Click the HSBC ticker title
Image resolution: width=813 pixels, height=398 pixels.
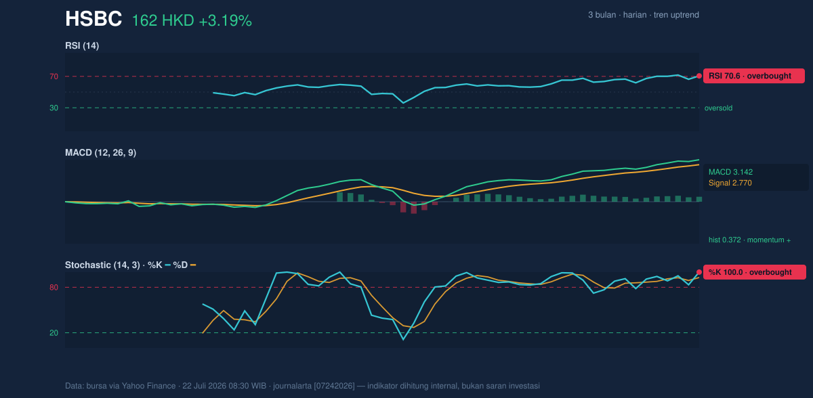tap(93, 19)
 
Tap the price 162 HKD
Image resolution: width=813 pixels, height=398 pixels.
tap(163, 21)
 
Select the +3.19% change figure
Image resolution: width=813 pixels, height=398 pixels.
tap(226, 21)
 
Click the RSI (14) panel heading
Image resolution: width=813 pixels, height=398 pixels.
tap(82, 45)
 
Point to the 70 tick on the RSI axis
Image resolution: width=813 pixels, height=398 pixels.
tap(54, 76)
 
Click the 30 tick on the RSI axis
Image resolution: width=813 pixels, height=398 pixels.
tap(54, 108)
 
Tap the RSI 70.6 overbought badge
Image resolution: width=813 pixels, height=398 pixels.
tap(754, 76)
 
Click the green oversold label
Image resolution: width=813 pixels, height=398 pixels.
tap(718, 108)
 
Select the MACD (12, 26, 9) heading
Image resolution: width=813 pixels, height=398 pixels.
tap(100, 152)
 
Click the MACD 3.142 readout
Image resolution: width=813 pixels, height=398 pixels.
tap(730, 172)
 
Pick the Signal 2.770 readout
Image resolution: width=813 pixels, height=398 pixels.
tap(730, 183)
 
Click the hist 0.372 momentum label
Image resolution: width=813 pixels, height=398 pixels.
tap(749, 240)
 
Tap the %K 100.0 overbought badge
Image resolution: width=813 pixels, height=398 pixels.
tap(755, 272)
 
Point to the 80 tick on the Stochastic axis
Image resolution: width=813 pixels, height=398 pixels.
tap(54, 288)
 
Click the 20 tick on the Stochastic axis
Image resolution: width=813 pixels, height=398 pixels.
tap(54, 333)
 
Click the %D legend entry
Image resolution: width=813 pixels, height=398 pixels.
tap(184, 265)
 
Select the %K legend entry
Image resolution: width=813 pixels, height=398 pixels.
tap(159, 265)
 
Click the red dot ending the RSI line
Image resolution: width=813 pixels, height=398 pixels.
tap(699, 76)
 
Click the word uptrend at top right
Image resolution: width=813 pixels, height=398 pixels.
tap(676, 15)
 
